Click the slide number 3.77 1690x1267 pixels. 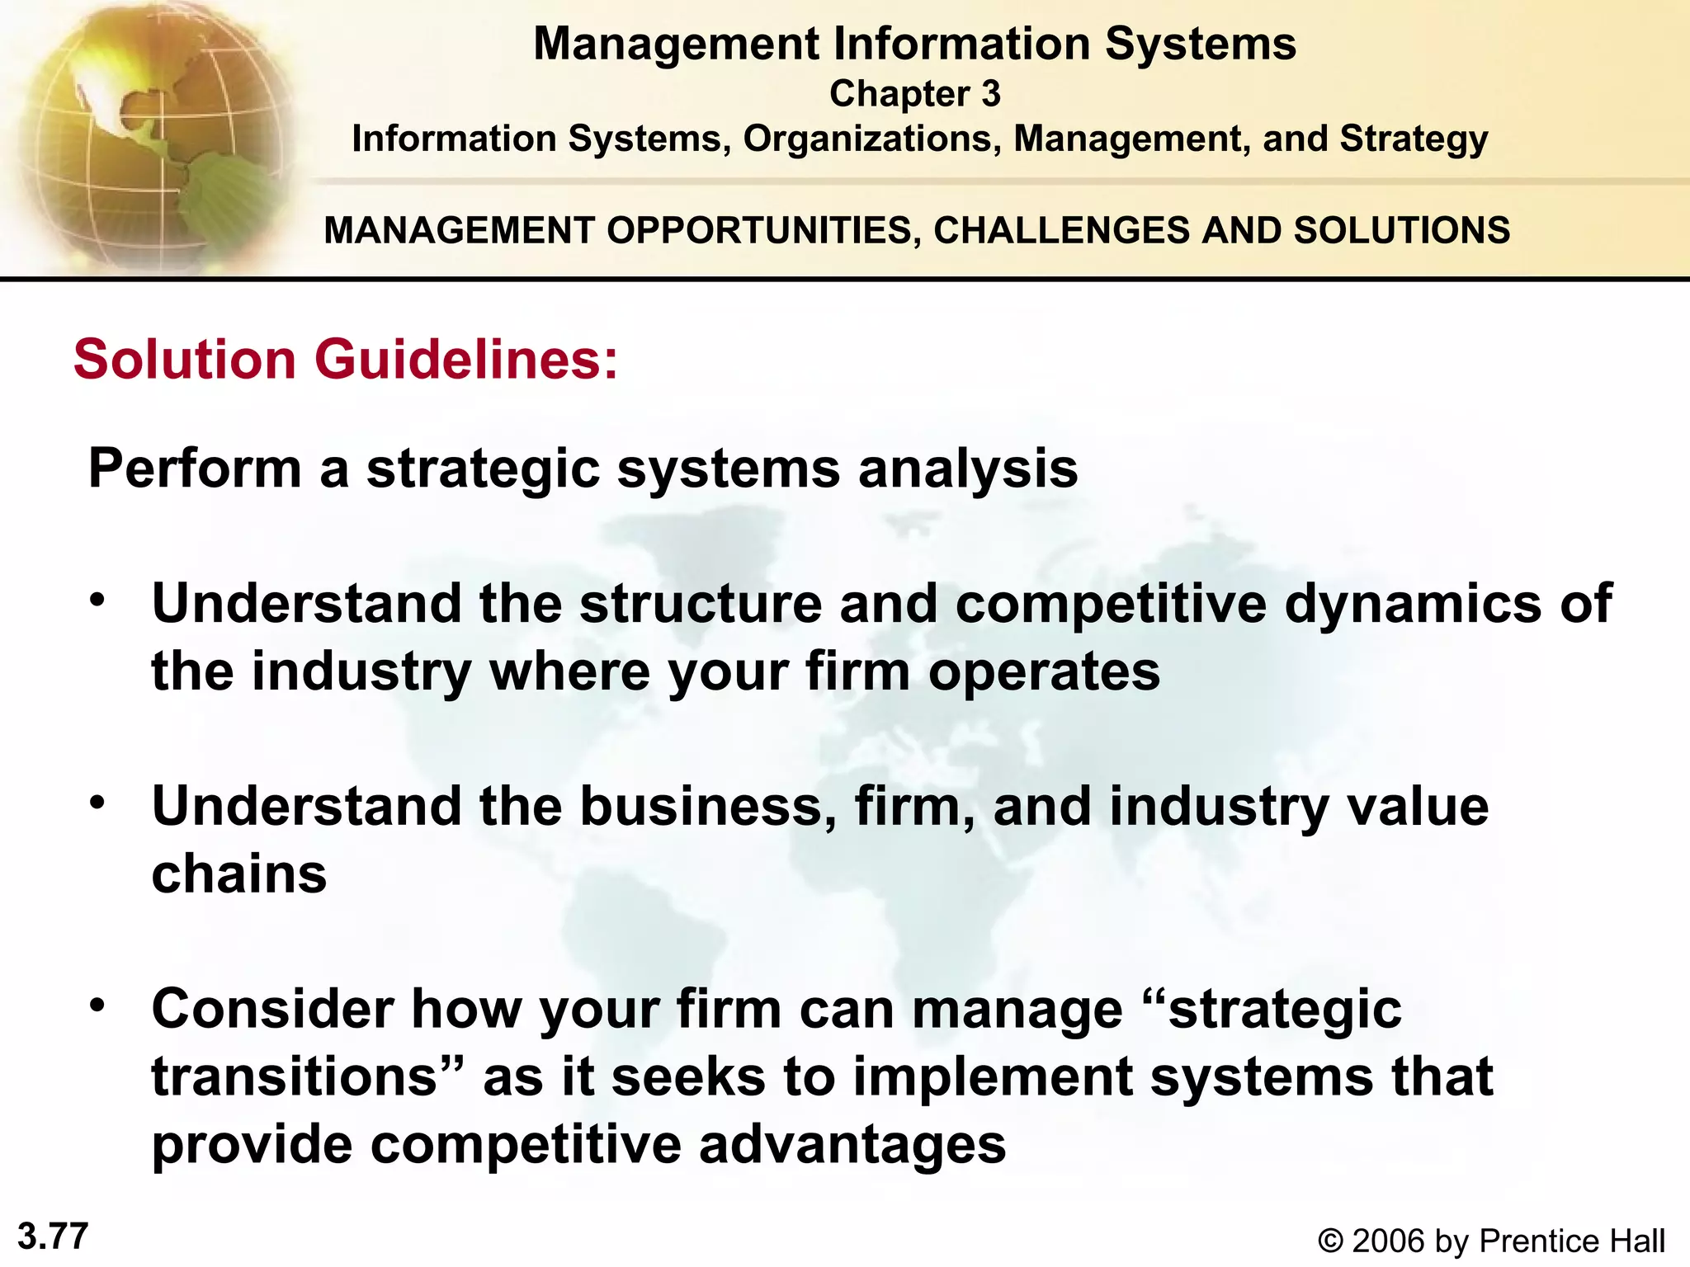53,1236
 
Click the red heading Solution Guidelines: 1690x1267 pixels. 346,360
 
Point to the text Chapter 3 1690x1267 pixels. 914,94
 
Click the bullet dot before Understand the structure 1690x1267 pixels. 98,600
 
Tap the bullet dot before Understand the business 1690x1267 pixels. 98,802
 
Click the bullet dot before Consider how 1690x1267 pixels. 98,1005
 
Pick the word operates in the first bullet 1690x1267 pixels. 1044,671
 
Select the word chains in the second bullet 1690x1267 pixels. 239,874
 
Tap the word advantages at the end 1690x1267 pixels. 852,1145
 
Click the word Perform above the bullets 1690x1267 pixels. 195,469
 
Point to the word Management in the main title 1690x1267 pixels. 676,45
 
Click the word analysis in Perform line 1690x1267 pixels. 968,469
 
